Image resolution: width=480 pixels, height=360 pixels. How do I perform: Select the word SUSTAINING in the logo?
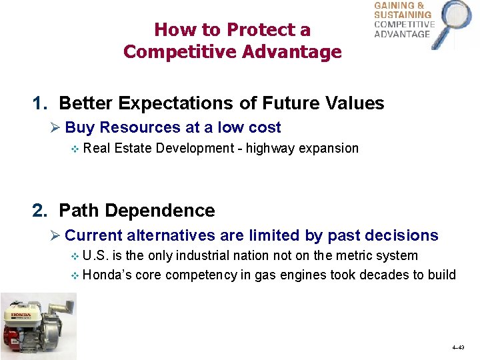[403, 15]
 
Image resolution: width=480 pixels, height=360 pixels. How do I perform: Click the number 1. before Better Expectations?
[41, 103]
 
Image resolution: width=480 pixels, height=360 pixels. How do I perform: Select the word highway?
[270, 148]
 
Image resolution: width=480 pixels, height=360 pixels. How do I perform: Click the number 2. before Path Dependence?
[41, 211]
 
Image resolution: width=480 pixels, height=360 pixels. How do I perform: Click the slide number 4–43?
[458, 348]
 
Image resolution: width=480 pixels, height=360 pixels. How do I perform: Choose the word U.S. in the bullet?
[98, 255]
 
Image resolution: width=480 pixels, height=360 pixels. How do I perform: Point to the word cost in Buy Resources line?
[265, 127]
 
